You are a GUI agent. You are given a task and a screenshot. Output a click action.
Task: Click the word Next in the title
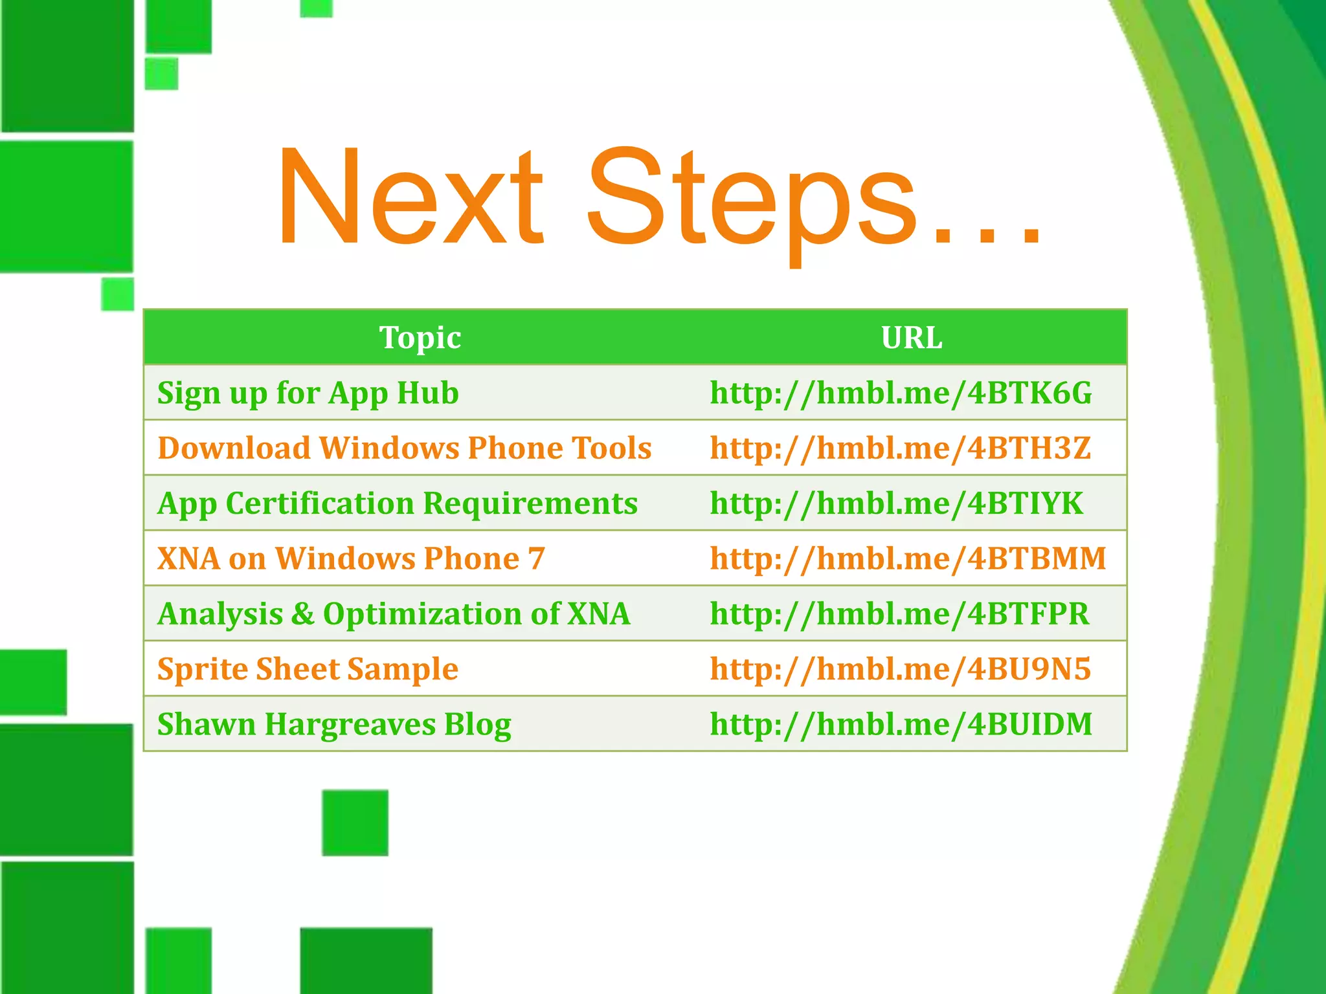click(411, 197)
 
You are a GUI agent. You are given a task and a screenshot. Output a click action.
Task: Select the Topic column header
click(420, 338)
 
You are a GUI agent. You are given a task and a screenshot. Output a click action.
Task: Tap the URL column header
click(912, 338)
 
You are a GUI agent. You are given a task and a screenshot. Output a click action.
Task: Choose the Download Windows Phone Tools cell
click(405, 448)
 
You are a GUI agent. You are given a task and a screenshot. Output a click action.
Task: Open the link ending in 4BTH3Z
click(900, 448)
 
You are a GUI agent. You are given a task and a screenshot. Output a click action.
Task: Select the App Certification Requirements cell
click(398, 503)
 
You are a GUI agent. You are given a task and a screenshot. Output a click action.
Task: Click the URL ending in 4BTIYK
click(896, 503)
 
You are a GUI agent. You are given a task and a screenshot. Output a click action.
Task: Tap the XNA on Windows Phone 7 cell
click(351, 558)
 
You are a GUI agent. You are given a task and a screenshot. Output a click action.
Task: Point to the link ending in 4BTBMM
click(908, 558)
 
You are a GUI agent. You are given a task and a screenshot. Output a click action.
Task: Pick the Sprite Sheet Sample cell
click(308, 669)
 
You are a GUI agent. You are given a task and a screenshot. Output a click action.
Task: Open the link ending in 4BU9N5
click(900, 669)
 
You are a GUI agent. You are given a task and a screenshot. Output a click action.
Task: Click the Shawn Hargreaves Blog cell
click(334, 724)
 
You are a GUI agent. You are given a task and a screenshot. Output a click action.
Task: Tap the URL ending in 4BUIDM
click(901, 724)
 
